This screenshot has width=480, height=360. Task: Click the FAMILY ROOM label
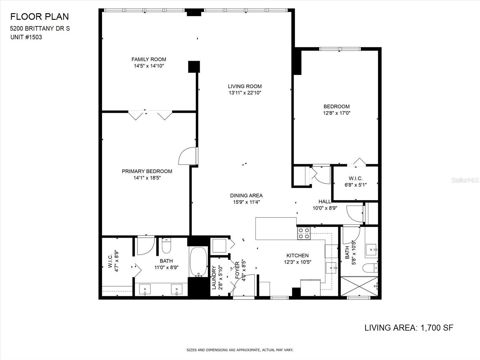click(x=149, y=59)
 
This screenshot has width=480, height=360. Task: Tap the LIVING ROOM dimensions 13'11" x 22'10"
click(x=245, y=93)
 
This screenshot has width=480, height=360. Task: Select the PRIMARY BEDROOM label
click(x=147, y=171)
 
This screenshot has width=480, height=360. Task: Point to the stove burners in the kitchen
click(x=304, y=233)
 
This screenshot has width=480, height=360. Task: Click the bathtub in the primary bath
click(x=198, y=262)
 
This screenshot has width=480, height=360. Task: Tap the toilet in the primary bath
click(x=166, y=246)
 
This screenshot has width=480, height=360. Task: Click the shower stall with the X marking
click(x=359, y=286)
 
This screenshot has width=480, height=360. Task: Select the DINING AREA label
click(x=247, y=195)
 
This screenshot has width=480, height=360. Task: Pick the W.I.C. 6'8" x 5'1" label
click(x=355, y=181)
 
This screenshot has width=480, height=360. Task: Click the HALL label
click(x=325, y=202)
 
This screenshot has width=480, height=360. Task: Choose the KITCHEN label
click(x=298, y=255)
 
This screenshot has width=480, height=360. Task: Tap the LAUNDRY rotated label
click(x=214, y=277)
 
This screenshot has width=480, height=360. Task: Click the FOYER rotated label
click(x=238, y=270)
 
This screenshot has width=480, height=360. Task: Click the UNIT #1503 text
click(x=26, y=37)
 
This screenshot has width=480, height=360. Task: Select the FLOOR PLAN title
click(x=40, y=16)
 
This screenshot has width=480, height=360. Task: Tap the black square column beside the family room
click(x=194, y=67)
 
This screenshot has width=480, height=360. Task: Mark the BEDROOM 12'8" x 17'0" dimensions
click(x=337, y=113)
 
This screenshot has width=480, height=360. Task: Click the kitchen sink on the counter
click(x=331, y=268)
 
